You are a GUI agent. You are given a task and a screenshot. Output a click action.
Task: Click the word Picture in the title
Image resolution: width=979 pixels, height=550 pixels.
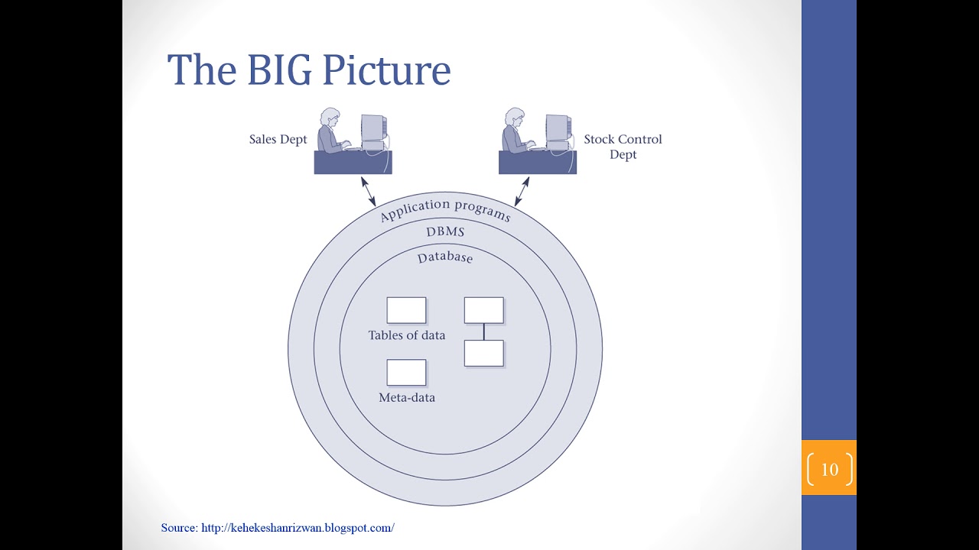click(x=386, y=70)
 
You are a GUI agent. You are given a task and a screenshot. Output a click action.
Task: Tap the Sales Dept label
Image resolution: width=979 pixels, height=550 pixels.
click(x=278, y=140)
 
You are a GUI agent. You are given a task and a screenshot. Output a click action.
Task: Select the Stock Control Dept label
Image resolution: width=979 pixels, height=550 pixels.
click(x=623, y=147)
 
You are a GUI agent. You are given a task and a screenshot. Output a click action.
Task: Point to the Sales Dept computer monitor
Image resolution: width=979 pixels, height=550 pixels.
click(x=372, y=128)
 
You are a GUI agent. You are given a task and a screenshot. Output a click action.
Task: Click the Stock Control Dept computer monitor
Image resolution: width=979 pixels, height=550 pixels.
click(x=558, y=128)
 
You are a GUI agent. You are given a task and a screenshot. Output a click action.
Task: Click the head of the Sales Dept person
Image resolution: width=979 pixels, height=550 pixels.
click(x=330, y=118)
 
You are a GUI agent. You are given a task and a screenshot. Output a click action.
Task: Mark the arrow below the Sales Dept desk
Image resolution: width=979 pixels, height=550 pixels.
click(x=368, y=190)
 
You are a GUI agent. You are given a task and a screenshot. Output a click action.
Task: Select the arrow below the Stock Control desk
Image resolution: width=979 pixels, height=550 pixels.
click(x=522, y=190)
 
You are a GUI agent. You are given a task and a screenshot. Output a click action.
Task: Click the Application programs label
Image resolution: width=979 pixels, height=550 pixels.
click(x=444, y=209)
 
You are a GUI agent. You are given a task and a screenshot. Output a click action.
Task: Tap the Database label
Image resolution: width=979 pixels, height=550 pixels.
click(x=445, y=257)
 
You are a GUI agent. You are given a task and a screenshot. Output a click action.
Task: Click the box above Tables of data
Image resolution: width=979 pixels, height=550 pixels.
click(x=406, y=311)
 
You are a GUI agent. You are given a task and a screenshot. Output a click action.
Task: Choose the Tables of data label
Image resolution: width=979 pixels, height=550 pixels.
click(x=406, y=335)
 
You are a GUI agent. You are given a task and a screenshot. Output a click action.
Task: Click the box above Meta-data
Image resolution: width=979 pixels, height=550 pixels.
click(x=406, y=373)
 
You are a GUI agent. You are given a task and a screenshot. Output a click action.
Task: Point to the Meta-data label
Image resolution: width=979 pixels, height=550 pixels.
click(x=407, y=397)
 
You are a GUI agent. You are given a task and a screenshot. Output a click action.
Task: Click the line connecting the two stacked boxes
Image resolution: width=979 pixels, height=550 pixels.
click(x=484, y=332)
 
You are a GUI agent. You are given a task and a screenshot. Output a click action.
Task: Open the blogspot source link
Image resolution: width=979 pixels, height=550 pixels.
click(x=298, y=528)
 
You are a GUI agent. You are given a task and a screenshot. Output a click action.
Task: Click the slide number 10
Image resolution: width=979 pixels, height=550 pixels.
click(x=829, y=469)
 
